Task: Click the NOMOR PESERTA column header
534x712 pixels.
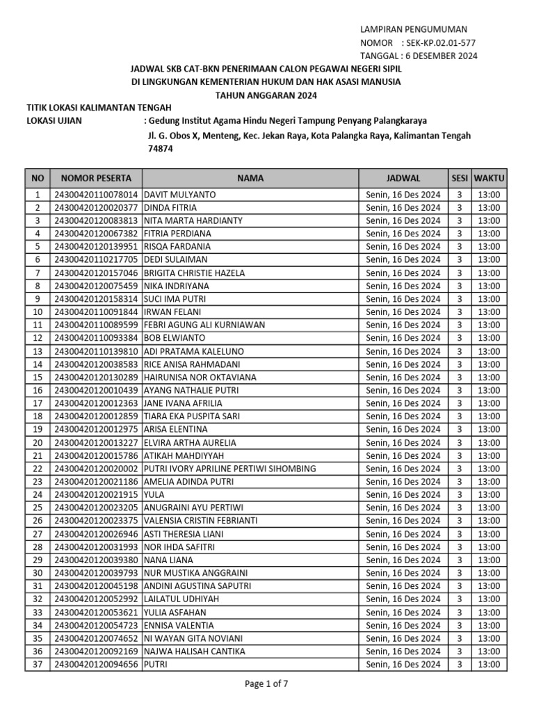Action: point(96,178)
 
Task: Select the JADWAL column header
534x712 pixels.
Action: point(403,178)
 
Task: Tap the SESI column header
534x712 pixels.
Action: point(459,178)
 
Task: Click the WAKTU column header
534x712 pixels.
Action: point(489,178)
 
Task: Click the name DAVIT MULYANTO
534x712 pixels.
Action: point(180,195)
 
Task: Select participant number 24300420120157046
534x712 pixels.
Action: point(96,273)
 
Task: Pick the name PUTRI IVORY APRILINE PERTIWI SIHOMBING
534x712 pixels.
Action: point(230,469)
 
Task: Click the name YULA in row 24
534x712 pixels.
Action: point(154,494)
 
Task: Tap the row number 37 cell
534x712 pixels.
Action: point(38,664)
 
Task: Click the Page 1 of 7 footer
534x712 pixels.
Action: point(266,683)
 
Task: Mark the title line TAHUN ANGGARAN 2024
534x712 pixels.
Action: point(266,95)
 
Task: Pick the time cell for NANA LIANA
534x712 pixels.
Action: point(489,560)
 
